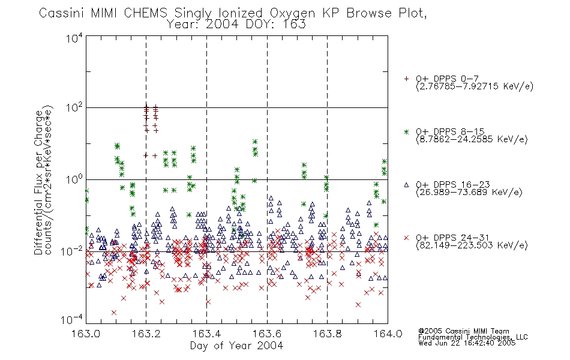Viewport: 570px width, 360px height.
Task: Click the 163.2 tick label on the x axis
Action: pos(146,334)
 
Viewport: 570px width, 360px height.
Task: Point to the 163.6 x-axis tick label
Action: pos(267,334)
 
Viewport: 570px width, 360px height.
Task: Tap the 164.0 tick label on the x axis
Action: pos(388,334)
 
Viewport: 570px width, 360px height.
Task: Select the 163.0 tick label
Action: pos(86,334)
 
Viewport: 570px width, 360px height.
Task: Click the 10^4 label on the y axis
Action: pos(74,38)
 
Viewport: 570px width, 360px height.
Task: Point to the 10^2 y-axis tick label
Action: pos(74,108)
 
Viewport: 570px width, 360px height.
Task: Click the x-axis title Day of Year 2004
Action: pos(236,346)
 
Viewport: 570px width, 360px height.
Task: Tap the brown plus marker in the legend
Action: pos(406,79)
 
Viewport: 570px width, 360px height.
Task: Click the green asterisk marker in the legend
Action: pos(406,131)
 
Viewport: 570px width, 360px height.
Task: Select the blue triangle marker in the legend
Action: pos(406,185)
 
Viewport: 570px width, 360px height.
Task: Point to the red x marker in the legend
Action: pos(406,238)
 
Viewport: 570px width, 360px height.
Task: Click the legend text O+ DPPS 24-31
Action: pos(452,238)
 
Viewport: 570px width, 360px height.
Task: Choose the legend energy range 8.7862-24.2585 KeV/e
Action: pos(472,139)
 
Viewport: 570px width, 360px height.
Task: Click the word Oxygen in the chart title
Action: pos(292,13)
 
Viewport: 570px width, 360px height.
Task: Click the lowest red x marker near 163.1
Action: pos(114,313)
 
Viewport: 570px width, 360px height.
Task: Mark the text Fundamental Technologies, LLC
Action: pos(473,337)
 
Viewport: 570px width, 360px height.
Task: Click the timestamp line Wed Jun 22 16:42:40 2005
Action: pos(467,343)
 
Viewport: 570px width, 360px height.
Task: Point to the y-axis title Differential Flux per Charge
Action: pos(38,182)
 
